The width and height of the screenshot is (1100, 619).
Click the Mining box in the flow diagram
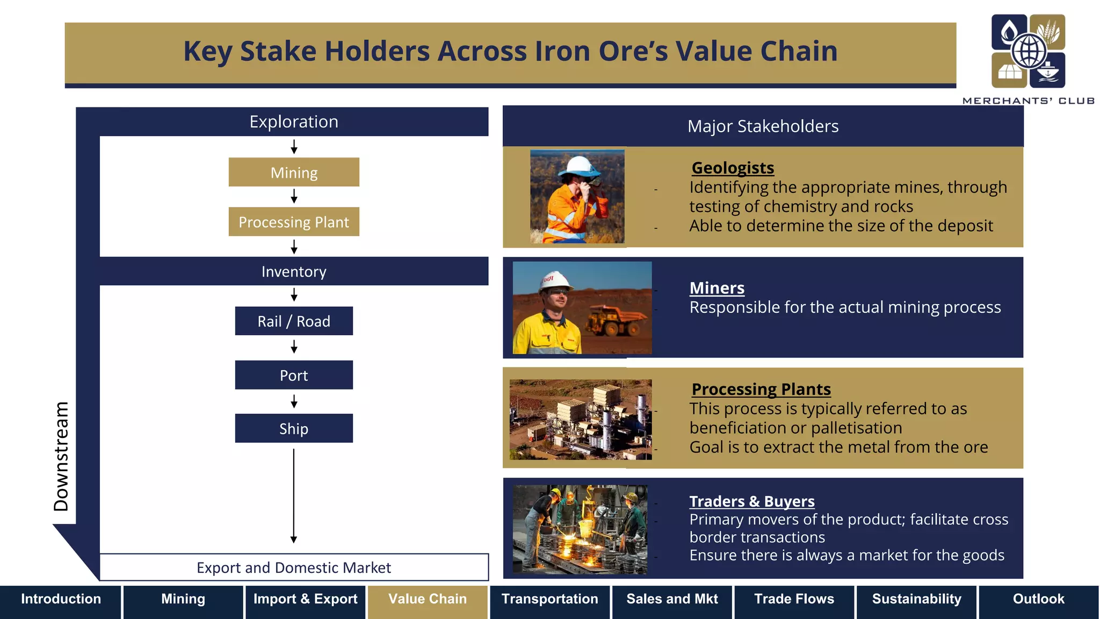294,172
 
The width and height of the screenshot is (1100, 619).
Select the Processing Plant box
294,222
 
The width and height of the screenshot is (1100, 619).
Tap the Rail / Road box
294,321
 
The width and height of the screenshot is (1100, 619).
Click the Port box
294,375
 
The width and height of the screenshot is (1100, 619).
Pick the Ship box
294,429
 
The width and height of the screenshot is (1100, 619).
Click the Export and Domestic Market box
294,567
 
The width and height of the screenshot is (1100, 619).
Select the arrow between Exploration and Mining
294,147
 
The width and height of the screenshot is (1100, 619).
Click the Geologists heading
733,168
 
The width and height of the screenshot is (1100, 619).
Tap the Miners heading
717,288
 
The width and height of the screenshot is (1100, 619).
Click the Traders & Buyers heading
752,501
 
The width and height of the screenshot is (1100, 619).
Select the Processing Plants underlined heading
761,389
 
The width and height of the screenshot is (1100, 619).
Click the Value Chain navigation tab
428,599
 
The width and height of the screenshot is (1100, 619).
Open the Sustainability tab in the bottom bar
916,599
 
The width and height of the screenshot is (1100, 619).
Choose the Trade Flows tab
794,599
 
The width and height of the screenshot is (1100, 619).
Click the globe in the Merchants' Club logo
1029,52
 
